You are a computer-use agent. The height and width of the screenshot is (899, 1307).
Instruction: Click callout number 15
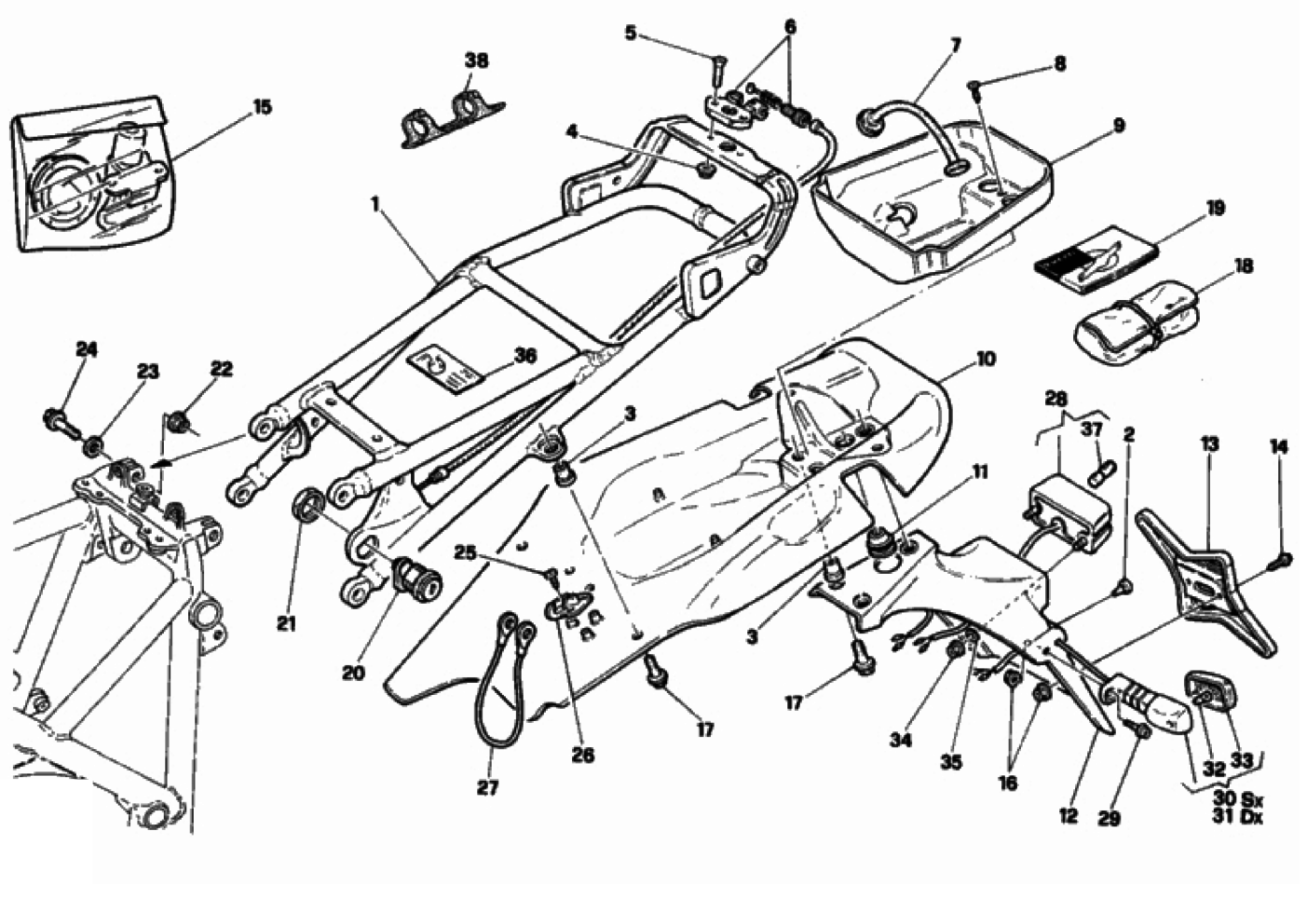[263, 106]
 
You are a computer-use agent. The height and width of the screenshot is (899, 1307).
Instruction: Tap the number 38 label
[476, 61]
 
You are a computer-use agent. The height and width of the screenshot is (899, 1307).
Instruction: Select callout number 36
[524, 355]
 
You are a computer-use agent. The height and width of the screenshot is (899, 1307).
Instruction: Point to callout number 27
[487, 788]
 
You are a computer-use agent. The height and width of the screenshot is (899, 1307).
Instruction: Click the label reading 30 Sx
[1237, 799]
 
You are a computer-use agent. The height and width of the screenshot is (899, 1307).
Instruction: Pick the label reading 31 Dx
[1237, 818]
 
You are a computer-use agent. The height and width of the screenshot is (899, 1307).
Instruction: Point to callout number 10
[986, 358]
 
